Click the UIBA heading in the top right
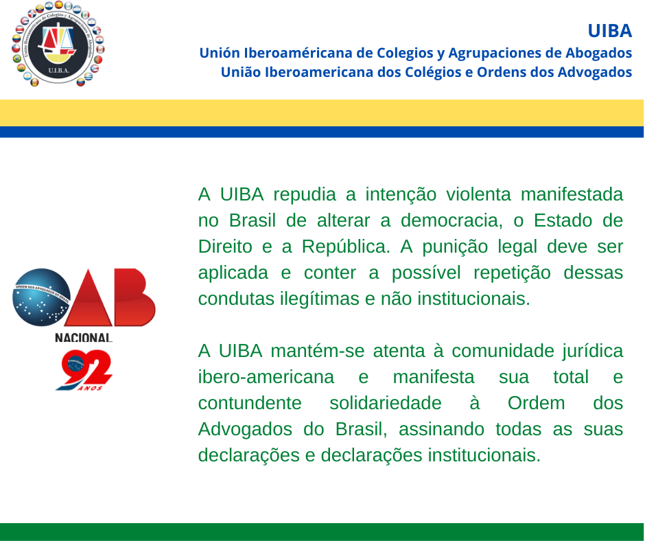click(x=609, y=31)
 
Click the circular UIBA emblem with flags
click(x=58, y=44)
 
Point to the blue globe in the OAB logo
click(x=42, y=297)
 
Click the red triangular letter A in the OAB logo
click(x=89, y=298)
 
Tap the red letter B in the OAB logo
click(x=134, y=297)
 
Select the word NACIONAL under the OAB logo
click(x=84, y=338)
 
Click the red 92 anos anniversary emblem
click(x=84, y=370)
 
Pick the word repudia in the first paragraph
click(x=305, y=194)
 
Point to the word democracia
click(x=451, y=220)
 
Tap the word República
click(x=346, y=246)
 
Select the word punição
click(x=455, y=246)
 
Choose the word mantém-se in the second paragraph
click(x=318, y=351)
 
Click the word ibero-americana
click(x=266, y=377)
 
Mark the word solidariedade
click(x=386, y=403)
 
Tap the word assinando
click(x=441, y=429)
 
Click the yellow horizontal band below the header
click(x=322, y=113)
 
